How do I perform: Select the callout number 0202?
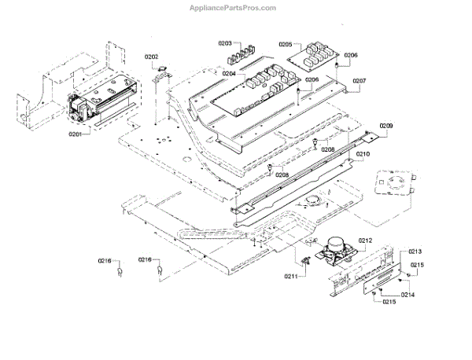click(x=152, y=57)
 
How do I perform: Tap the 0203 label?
click(x=225, y=44)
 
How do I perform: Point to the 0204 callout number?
click(x=229, y=73)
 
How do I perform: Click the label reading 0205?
click(x=286, y=45)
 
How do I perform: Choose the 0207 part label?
click(x=360, y=80)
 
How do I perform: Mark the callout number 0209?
click(x=386, y=127)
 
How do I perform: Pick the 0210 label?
click(x=361, y=155)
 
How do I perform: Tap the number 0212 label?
click(x=365, y=240)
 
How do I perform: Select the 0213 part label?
click(x=415, y=252)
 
